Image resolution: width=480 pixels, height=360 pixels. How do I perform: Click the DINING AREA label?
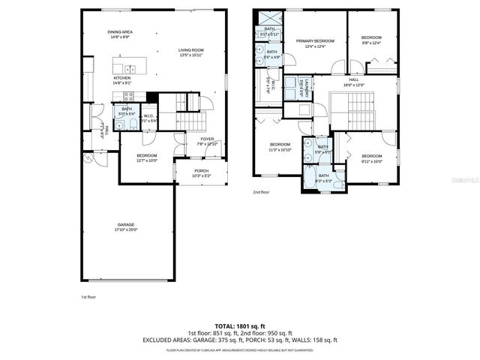point(120,32)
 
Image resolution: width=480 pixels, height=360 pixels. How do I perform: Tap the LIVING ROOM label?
point(190,50)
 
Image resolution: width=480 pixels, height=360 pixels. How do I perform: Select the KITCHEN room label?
point(121,78)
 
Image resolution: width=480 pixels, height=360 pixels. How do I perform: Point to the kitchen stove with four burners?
point(128,96)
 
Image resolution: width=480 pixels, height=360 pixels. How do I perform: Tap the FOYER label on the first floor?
point(205,139)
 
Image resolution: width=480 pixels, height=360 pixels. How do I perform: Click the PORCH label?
point(202,170)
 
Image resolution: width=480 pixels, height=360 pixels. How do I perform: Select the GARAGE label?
point(124,225)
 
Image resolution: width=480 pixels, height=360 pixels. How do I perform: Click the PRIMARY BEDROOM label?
point(314,41)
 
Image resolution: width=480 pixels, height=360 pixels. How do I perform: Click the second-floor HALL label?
point(353,79)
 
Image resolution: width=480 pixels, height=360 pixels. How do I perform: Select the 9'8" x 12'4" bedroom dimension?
point(371,43)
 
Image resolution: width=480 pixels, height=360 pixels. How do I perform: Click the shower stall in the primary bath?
point(270,17)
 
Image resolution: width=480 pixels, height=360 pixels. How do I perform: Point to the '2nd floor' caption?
point(261,192)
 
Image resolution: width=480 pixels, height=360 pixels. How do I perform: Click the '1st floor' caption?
point(89,297)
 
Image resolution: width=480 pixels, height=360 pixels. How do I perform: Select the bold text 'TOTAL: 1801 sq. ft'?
point(239,327)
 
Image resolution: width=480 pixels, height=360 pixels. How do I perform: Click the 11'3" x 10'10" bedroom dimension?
point(280,148)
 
